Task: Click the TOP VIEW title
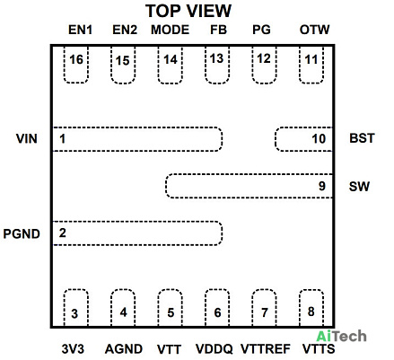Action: tap(188, 11)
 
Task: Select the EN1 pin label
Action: tap(80, 30)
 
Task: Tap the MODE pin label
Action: tap(170, 30)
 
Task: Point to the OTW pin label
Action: tap(314, 30)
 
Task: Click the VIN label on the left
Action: tap(27, 139)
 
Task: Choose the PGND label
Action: tap(22, 233)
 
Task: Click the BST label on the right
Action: tap(362, 138)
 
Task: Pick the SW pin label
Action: tap(359, 187)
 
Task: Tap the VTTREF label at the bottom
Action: tap(266, 349)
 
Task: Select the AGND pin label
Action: tap(124, 349)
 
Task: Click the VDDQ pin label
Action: tap(215, 349)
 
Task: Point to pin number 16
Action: tap(76, 59)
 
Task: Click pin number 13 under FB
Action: tap(216, 58)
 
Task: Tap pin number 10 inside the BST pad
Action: tap(319, 139)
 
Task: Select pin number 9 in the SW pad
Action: tap(322, 186)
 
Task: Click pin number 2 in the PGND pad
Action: tap(62, 233)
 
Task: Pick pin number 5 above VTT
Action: tap(171, 312)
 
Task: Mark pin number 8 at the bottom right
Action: tap(311, 312)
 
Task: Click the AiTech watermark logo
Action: tap(341, 337)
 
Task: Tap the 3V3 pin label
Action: tap(73, 349)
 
